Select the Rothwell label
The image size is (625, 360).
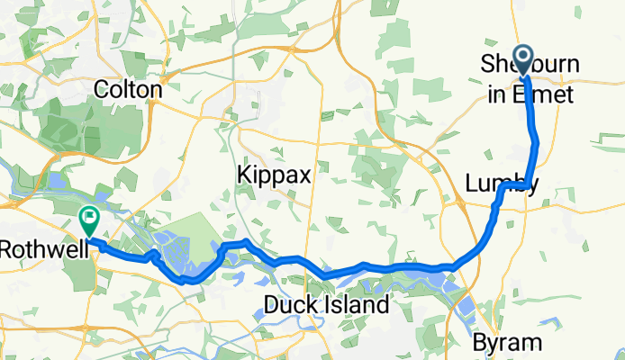tap(45, 247)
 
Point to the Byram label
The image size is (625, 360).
tap(508, 342)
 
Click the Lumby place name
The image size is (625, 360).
tap(502, 184)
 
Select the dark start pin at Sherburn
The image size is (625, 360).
tap(523, 59)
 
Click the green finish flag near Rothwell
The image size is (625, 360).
tap(90, 217)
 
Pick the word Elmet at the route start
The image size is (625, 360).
tap(546, 90)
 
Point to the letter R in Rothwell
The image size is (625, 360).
tap(7, 247)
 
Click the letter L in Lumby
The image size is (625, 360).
tap(472, 184)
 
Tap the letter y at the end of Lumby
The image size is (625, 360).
tap(533, 186)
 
